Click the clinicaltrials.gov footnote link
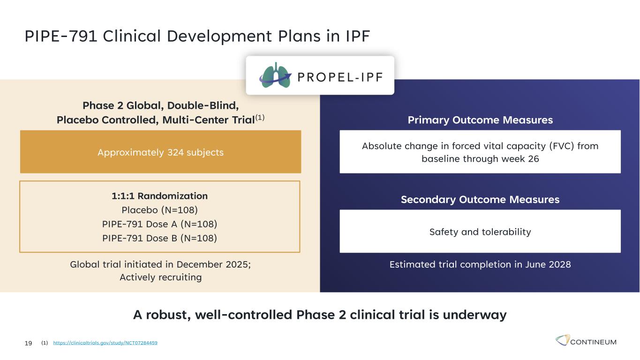(105, 343)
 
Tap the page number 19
(28, 343)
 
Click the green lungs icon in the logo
(275, 75)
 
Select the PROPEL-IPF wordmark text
(340, 77)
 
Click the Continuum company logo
(586, 340)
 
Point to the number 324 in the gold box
(176, 152)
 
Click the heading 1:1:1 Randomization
(160, 196)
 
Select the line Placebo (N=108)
(160, 210)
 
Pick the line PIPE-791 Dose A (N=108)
(160, 224)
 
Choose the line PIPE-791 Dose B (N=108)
(160, 238)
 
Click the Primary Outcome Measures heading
(480, 120)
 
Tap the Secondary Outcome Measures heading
(480, 199)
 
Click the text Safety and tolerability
(480, 232)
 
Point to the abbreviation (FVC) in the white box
(562, 146)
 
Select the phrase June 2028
(548, 264)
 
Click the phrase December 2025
(213, 264)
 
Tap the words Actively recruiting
(160, 277)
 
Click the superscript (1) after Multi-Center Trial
(260, 118)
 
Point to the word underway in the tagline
(474, 315)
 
